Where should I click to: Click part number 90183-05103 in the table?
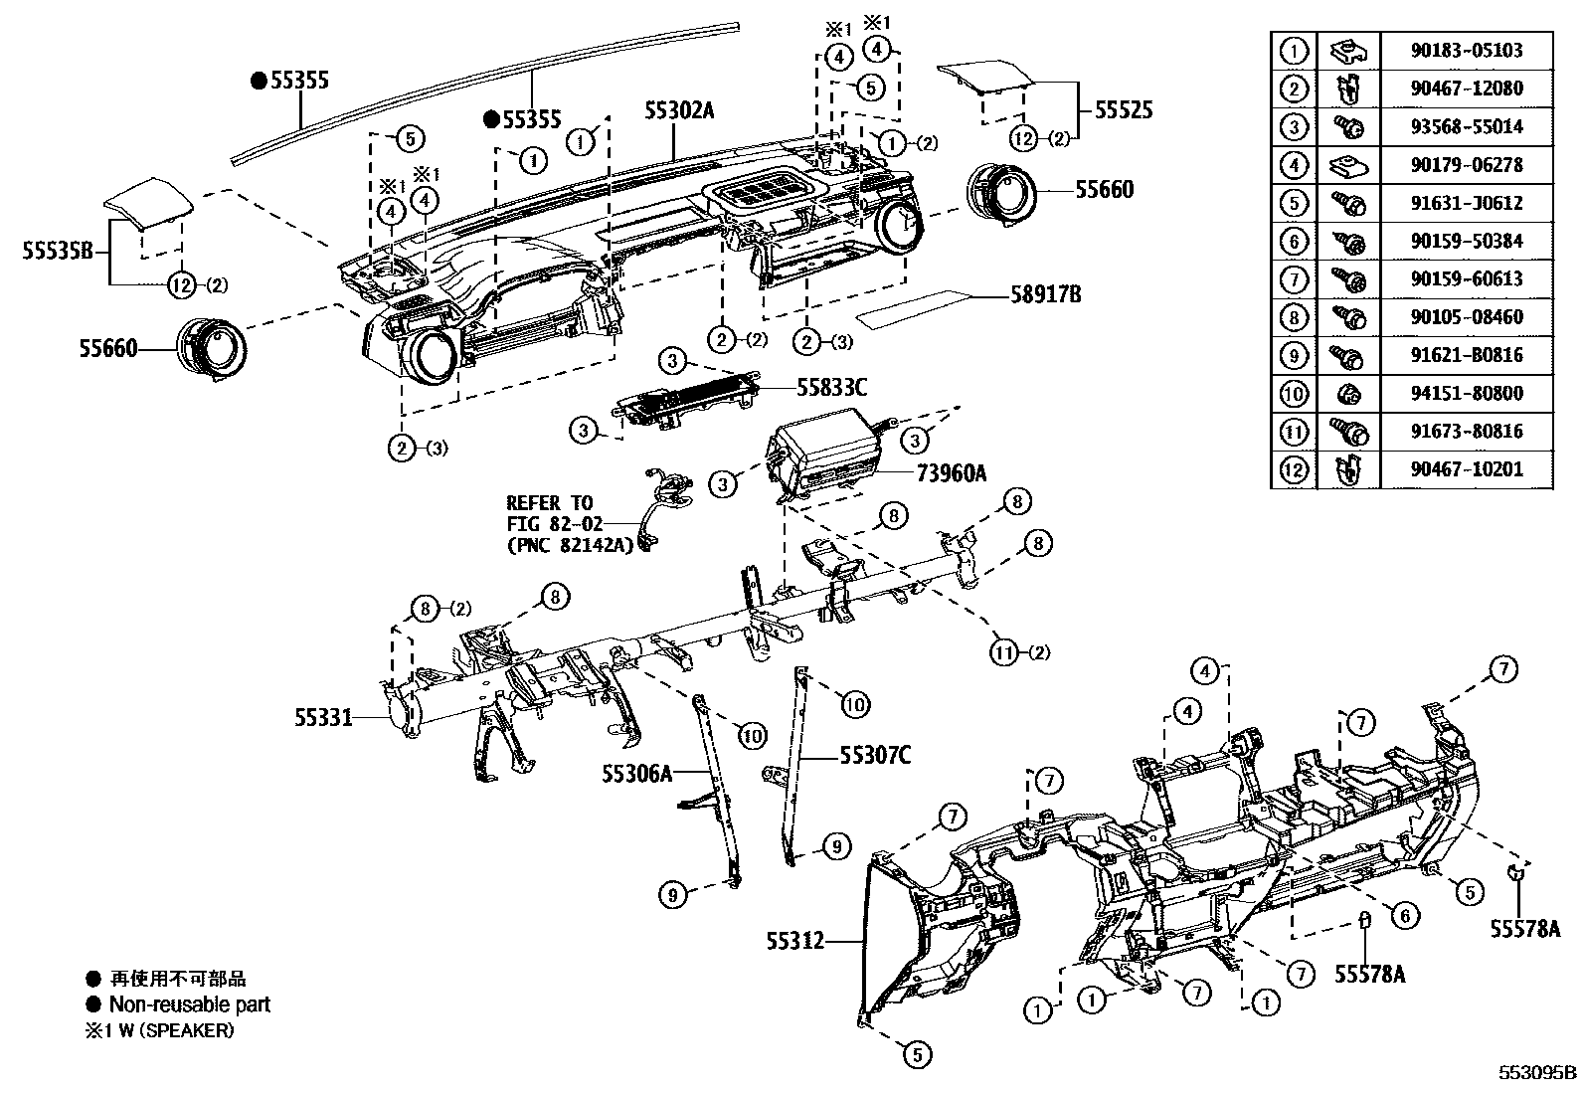[x=1467, y=51]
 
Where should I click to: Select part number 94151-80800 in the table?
[x=1467, y=394]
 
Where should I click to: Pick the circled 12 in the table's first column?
[x=1294, y=469]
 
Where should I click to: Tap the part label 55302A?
[x=679, y=110]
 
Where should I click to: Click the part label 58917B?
[x=1046, y=294]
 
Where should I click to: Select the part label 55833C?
[x=831, y=387]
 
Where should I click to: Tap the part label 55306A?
[x=637, y=773]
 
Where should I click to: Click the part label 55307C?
[x=875, y=756]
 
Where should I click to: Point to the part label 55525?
[x=1124, y=109]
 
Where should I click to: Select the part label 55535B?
[x=58, y=253]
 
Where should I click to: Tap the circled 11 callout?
[x=1004, y=652]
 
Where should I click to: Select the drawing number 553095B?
[x=1537, y=1073]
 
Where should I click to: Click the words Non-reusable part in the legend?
[x=189, y=1004]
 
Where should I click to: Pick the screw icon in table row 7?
[x=1349, y=279]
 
